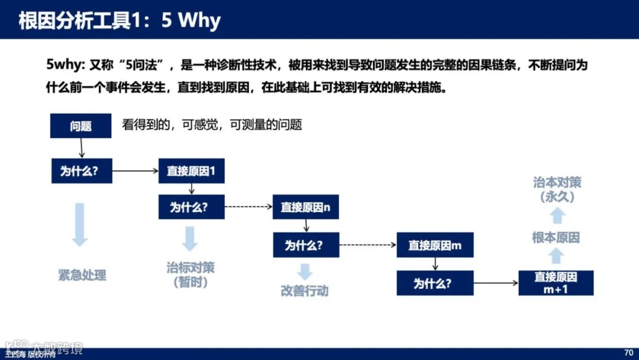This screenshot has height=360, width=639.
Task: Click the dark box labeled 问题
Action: click(x=80, y=126)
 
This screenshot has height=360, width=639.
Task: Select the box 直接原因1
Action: click(x=191, y=172)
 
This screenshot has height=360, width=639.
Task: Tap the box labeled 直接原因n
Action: click(x=305, y=208)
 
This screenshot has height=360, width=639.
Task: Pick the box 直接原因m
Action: click(x=435, y=245)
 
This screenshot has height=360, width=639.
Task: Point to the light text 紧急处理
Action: click(x=82, y=275)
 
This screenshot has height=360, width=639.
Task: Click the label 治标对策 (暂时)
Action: click(x=191, y=275)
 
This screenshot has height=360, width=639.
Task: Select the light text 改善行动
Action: click(x=304, y=291)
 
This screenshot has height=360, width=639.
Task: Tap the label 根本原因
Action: click(x=556, y=238)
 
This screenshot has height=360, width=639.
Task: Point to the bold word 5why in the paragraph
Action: click(x=66, y=65)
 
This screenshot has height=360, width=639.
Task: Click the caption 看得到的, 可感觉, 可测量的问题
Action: click(x=212, y=125)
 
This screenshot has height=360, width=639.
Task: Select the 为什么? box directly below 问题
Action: click(x=81, y=172)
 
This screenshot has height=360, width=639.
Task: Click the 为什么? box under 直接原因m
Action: click(x=435, y=282)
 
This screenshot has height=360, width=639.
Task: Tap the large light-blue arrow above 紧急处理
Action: click(x=80, y=224)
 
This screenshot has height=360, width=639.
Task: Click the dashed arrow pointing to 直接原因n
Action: click(x=248, y=208)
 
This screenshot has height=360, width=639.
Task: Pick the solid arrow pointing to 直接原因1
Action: click(x=135, y=172)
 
